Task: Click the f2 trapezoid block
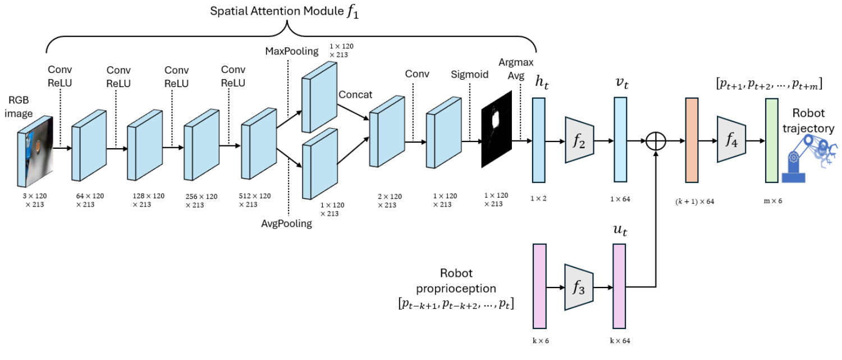pos(579,140)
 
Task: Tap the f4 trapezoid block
pos(731,140)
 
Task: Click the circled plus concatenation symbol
pos(655,140)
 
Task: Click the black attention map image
pos(497,129)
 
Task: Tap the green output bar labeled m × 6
pos(772,140)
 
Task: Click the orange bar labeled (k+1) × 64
pos(691,140)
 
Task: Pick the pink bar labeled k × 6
pos(539,286)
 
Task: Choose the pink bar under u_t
pos(619,286)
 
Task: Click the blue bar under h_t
pos(539,140)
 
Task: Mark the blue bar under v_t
pos(620,140)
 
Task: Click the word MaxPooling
pos(291,52)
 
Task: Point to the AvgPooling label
pos(286,224)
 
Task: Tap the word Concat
pos(355,95)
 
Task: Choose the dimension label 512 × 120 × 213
pos(255,200)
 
